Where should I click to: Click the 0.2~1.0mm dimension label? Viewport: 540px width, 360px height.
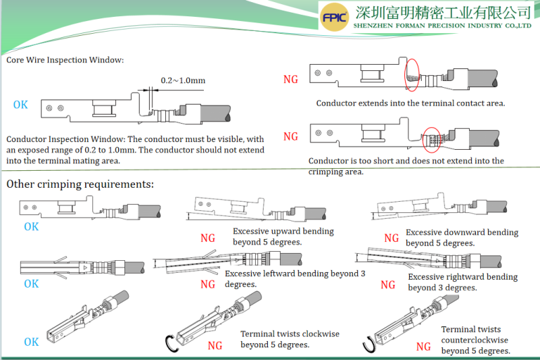pos(183,80)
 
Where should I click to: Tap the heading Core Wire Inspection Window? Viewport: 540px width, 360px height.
pos(65,60)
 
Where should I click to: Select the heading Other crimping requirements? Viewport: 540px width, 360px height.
pos(80,185)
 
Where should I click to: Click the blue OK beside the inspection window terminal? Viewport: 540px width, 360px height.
pos(21,105)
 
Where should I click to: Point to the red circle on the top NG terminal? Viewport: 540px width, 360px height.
pos(412,75)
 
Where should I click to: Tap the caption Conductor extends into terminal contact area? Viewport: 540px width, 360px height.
pos(411,103)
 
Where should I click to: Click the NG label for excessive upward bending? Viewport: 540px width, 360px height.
pos(208,238)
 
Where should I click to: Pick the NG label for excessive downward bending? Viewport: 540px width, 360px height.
pos(391,238)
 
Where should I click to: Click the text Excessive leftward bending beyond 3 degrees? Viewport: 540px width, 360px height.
pos(295,278)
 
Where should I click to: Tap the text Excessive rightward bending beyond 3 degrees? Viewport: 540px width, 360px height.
pos(463,282)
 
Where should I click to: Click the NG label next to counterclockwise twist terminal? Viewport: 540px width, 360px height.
pos(423,347)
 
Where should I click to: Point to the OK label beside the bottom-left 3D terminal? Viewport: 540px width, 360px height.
pos(32,342)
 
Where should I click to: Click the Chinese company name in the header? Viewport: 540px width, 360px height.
pos(443,12)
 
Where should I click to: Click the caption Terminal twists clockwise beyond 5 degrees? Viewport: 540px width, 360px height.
pos(275,340)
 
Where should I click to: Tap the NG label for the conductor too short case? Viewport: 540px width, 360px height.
pos(290,136)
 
